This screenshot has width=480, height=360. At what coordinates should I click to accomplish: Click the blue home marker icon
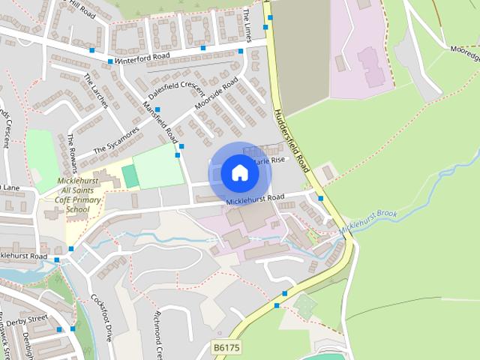[x=239, y=173]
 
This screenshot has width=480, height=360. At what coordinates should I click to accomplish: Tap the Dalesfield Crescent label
[x=176, y=94]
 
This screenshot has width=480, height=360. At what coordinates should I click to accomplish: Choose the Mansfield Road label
[x=161, y=124]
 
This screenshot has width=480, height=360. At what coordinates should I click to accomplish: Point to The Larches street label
[x=96, y=91]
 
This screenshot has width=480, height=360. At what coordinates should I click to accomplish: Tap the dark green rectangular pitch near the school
[x=130, y=177]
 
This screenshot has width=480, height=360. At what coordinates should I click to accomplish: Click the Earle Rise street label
[x=270, y=160]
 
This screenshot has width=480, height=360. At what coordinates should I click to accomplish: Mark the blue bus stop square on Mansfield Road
[x=178, y=155]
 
